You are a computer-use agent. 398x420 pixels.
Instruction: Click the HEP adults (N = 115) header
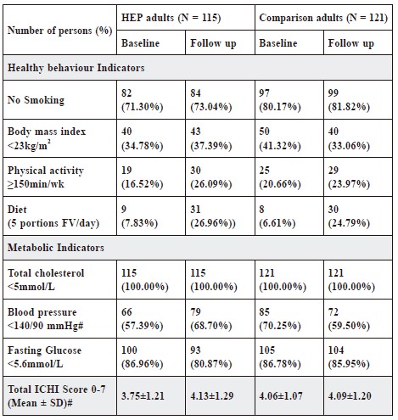pos(171,18)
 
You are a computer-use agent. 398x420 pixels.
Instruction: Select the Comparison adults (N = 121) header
pos(323,18)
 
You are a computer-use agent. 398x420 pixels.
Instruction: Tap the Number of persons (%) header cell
pos(59,31)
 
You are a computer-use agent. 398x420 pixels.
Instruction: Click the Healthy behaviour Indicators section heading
pos(76,68)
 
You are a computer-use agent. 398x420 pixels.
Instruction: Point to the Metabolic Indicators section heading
pos(56,248)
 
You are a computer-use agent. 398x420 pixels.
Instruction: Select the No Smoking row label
pos(36,100)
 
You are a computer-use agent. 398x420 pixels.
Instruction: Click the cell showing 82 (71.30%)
pos(143,100)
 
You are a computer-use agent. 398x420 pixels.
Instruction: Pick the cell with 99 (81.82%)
pos(349,100)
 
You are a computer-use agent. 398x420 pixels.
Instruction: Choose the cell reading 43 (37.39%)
pos(211,138)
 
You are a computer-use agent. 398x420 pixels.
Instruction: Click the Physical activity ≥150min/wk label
pos(46,177)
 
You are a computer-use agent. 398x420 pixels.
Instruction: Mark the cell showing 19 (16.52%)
pos(143,177)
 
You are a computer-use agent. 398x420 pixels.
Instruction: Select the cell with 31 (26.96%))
pos(213,216)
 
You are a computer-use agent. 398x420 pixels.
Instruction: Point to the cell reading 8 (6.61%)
pos(277,216)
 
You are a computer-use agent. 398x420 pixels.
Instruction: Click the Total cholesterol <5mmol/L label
pos(46,280)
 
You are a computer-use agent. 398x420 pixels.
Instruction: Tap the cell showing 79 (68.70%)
pos(211,319)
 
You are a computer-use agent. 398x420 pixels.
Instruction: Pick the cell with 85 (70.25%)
pos(280,319)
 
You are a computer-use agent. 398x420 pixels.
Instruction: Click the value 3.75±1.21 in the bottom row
pos(143,396)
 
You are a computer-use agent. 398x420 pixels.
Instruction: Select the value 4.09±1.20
pos(350,396)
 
